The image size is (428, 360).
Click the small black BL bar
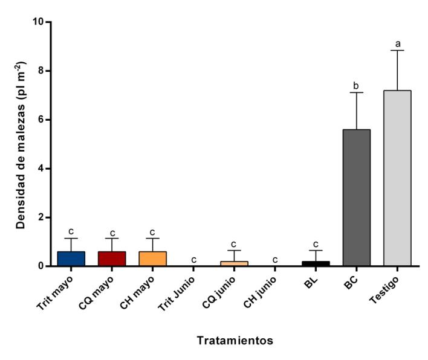(x=316, y=263)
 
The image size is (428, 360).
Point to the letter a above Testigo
(x=397, y=44)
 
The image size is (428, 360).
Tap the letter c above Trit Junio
(x=193, y=260)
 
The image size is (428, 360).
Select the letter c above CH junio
(x=275, y=260)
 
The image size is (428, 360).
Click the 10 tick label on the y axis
(x=39, y=22)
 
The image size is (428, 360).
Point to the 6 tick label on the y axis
(x=41, y=120)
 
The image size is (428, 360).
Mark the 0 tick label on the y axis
(x=41, y=266)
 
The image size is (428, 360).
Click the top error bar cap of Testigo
(x=397, y=50)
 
